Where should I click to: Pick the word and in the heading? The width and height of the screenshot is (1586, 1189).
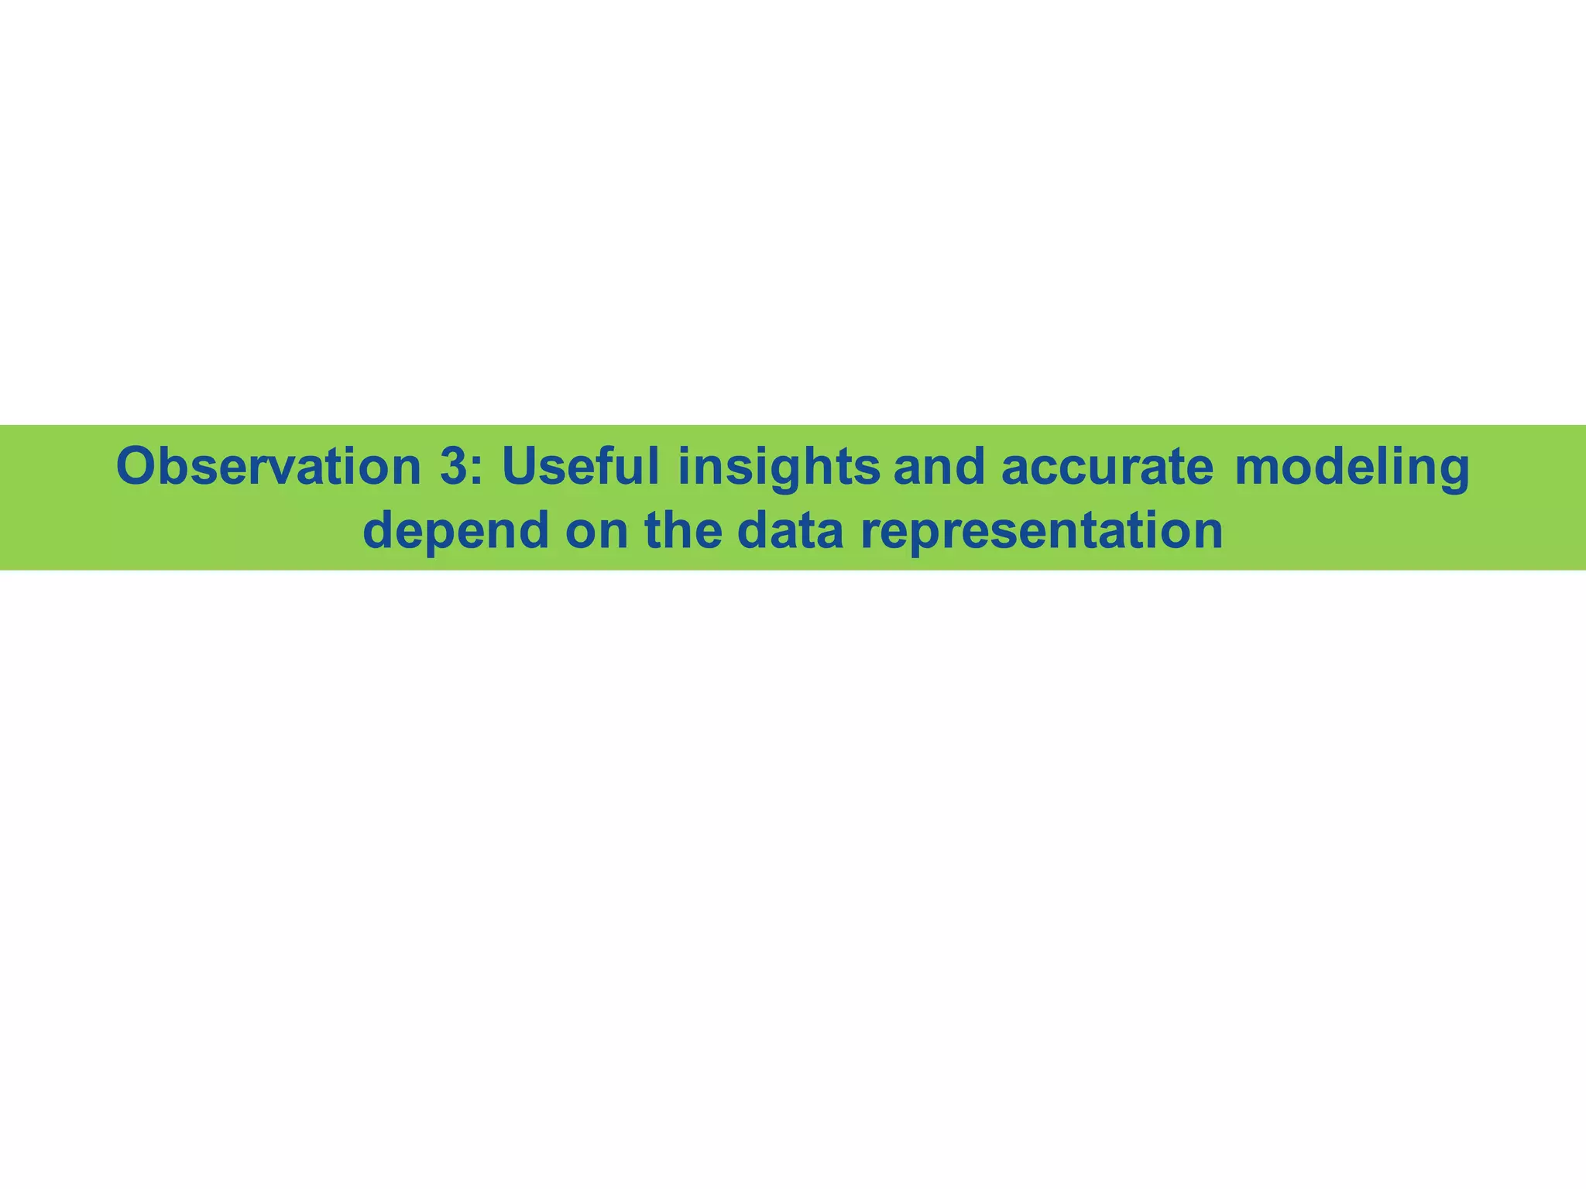pos(939,467)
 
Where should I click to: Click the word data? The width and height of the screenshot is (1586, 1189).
pos(790,530)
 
